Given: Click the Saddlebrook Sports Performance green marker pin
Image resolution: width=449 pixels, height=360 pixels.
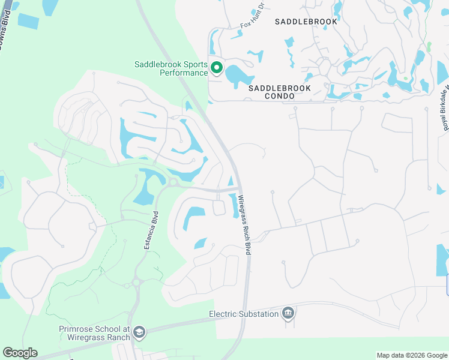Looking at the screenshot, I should point(216,68).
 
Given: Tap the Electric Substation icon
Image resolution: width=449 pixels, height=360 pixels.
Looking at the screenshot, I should point(288,313).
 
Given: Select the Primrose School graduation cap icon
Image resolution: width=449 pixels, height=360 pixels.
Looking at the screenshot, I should point(139,332).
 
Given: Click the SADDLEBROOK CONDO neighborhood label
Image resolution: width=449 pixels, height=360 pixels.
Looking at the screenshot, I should point(280,92).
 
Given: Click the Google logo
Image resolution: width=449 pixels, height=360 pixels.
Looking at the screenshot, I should point(20,353).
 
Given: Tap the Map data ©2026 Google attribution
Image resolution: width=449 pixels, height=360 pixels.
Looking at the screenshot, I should point(412,355).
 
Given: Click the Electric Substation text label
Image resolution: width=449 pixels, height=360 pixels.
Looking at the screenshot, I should point(244,314).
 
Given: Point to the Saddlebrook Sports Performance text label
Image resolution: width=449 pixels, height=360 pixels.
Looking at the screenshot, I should point(171,68).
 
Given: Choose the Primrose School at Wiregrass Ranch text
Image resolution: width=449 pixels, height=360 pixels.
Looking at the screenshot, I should point(95,333).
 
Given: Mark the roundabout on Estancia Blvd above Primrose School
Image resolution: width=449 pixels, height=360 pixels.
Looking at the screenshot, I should point(137,282).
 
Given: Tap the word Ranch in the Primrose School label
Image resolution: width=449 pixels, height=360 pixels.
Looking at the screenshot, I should point(118,337).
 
